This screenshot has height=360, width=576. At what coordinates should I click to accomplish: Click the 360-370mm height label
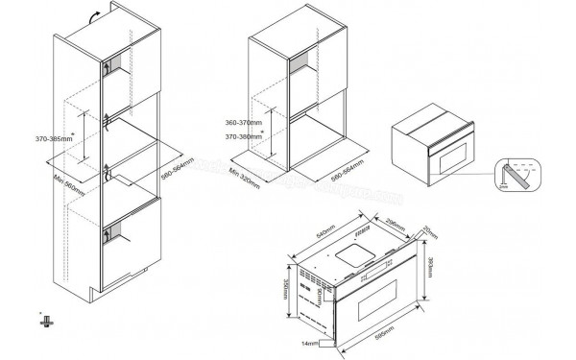246,125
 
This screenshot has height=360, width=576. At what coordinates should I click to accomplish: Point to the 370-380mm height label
246,137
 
